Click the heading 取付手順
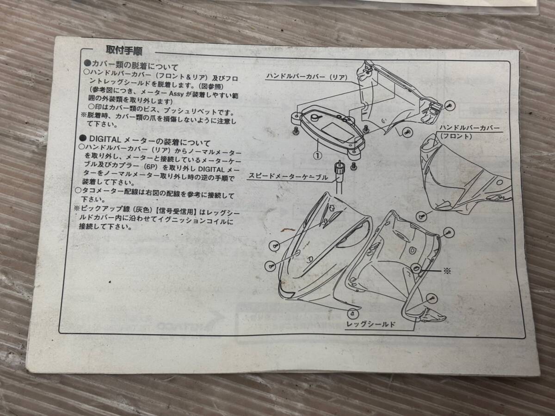tap(124, 51)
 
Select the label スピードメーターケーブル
tap(288, 177)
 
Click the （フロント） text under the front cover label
tap(456, 136)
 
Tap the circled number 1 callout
tap(318, 155)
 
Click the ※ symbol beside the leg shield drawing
tap(447, 271)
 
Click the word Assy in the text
tap(177, 93)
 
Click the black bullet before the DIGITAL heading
tap(83, 138)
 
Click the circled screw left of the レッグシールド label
tap(353, 314)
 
